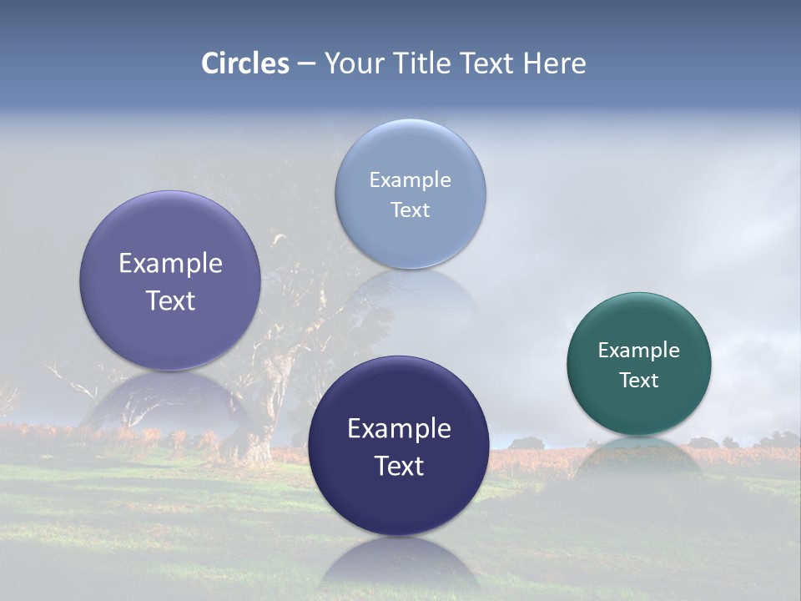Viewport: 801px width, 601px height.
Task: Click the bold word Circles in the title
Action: (x=245, y=63)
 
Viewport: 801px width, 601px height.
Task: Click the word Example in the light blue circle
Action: (x=410, y=179)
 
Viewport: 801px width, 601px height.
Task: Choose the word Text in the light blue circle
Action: (x=410, y=210)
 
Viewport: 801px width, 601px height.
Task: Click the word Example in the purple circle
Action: (x=170, y=263)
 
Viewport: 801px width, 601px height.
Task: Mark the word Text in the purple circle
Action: (x=170, y=300)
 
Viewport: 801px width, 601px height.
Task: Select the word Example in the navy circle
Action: (x=399, y=428)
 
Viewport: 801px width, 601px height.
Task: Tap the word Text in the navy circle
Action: (x=399, y=466)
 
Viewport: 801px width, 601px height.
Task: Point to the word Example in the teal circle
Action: (x=638, y=350)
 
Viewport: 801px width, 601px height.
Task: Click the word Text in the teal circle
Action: (x=638, y=380)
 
